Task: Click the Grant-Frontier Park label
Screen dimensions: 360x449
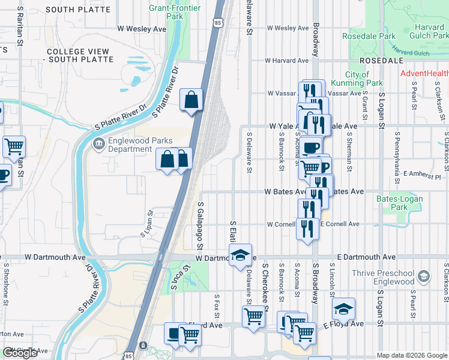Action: pos(166,13)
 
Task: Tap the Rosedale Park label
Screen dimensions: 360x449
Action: pos(369,36)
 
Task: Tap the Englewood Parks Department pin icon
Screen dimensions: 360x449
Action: pos(98,145)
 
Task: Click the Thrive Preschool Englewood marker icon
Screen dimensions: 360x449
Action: pos(424,277)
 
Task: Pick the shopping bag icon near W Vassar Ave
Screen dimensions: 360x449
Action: pos(191,101)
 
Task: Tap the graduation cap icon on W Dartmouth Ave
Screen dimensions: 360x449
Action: pos(240,255)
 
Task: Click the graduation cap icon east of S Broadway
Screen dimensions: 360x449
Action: pos(343,309)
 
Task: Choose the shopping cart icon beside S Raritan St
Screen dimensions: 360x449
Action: pos(14,146)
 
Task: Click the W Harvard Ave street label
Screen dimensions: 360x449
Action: pos(288,61)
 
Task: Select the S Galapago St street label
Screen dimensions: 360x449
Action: pos(200,226)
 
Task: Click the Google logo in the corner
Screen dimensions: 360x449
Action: pos(20,353)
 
